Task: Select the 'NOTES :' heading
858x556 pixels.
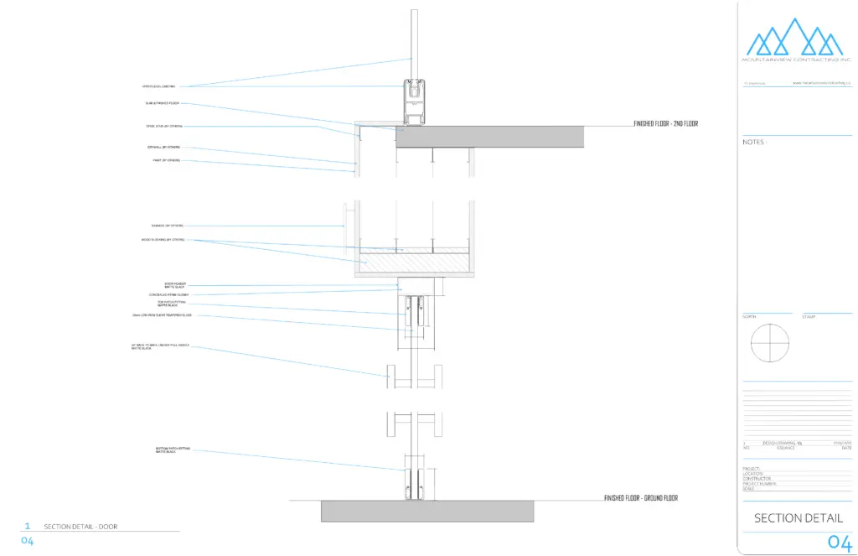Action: [754, 142]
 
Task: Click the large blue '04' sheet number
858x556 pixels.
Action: [839, 542]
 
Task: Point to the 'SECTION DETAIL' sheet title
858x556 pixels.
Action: [799, 518]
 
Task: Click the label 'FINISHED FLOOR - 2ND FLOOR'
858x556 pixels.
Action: [665, 124]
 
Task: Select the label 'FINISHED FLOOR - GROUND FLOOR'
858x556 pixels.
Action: [640, 498]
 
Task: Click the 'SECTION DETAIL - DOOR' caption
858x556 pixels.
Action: [80, 527]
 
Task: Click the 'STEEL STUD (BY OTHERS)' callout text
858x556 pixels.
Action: [164, 127]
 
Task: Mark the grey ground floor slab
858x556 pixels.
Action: [427, 511]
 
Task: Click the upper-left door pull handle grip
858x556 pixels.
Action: [390, 376]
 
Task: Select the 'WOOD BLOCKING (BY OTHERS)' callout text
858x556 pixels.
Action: [163, 240]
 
